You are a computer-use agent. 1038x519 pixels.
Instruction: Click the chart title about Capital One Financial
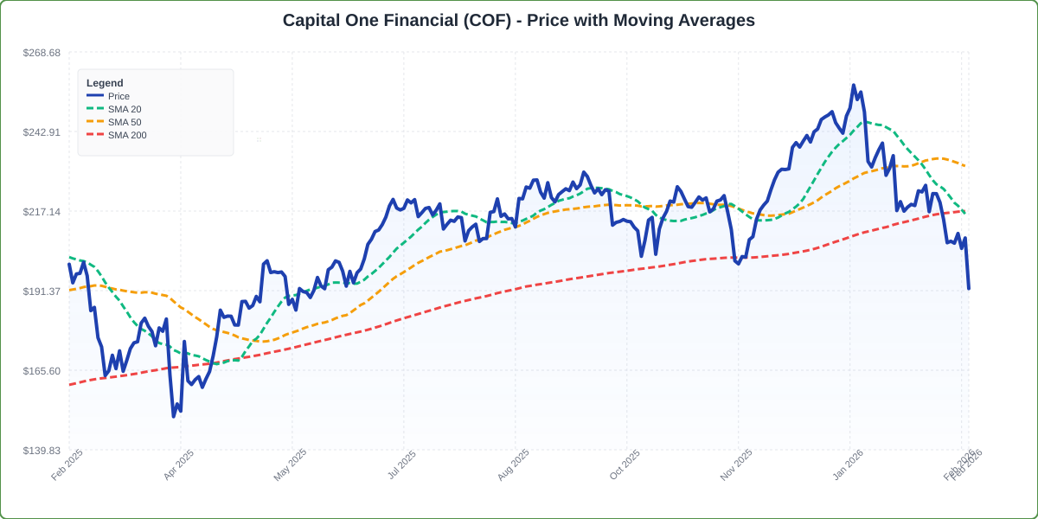click(518, 20)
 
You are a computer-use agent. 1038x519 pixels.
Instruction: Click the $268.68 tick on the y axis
click(42, 53)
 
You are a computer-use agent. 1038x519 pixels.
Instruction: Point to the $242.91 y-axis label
click(42, 132)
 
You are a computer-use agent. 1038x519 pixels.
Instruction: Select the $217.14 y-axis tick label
click(42, 212)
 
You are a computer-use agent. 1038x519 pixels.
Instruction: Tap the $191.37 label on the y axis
click(42, 292)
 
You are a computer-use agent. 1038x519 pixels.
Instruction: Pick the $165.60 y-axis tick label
click(42, 371)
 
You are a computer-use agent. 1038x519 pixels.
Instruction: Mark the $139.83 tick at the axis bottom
click(42, 451)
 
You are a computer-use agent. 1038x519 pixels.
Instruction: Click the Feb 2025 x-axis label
click(67, 465)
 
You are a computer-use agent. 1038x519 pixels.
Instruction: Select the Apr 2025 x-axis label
click(179, 465)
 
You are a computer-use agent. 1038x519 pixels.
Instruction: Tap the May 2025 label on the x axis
click(291, 465)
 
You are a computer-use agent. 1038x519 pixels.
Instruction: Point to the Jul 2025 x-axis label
click(402, 465)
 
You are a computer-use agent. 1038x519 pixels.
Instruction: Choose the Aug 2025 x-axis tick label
click(514, 465)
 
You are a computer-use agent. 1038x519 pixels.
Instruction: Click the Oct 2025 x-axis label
click(625, 465)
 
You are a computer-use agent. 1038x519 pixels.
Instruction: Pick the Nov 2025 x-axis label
click(737, 465)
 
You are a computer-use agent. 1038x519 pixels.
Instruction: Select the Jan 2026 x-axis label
click(849, 465)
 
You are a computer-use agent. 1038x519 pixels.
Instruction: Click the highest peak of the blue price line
click(853, 86)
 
